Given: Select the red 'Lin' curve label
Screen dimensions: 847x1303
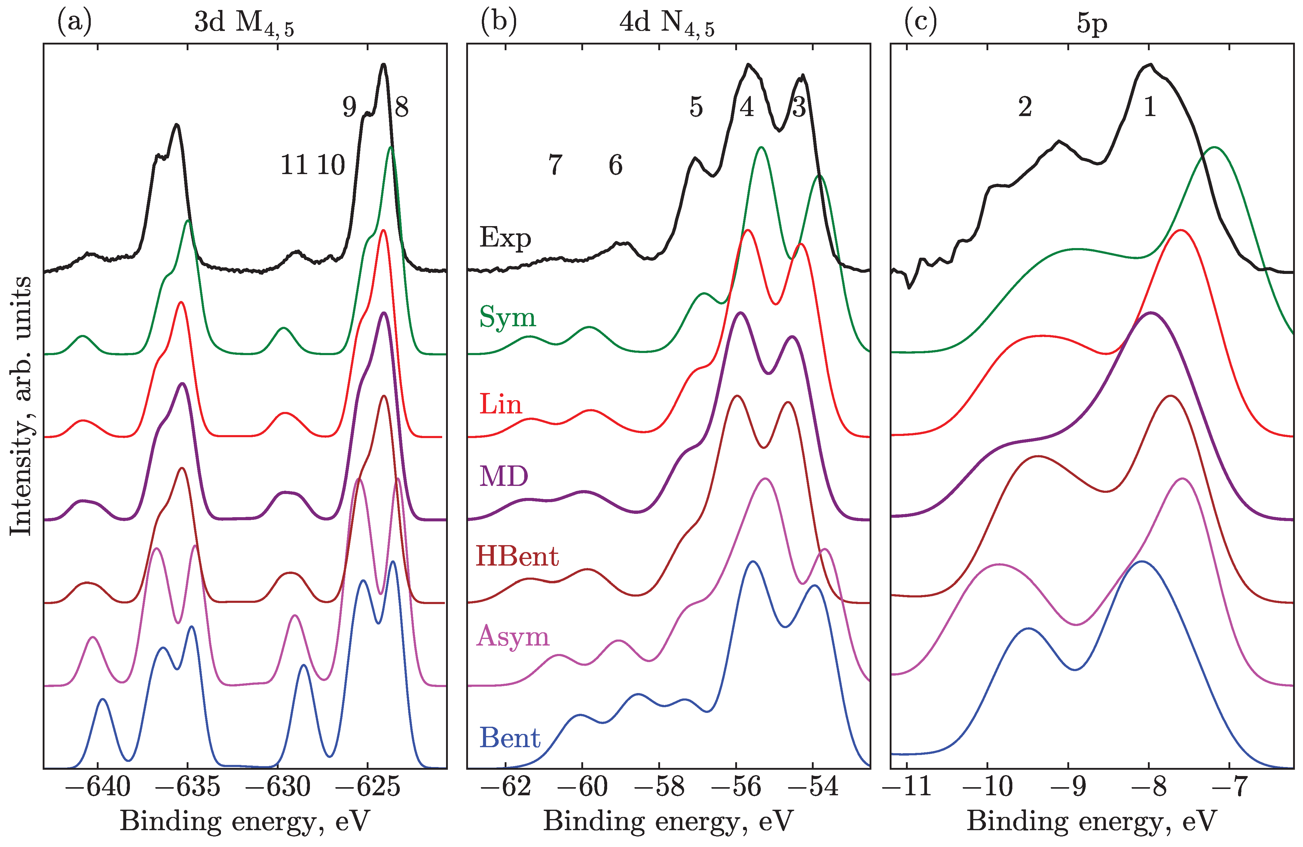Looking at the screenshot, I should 500,405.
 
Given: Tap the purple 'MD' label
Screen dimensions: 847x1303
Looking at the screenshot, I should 504,476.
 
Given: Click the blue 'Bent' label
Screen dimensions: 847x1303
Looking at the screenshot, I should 510,738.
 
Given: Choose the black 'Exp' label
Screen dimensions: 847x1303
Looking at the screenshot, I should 505,238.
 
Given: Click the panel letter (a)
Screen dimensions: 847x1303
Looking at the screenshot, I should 75,23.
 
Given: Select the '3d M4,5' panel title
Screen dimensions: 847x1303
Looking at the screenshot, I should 244,25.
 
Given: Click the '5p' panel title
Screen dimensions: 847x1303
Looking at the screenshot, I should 1092,25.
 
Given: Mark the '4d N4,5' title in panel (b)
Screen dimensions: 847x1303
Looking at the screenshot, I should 666,25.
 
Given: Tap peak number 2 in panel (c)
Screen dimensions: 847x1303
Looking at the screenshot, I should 1025,107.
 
